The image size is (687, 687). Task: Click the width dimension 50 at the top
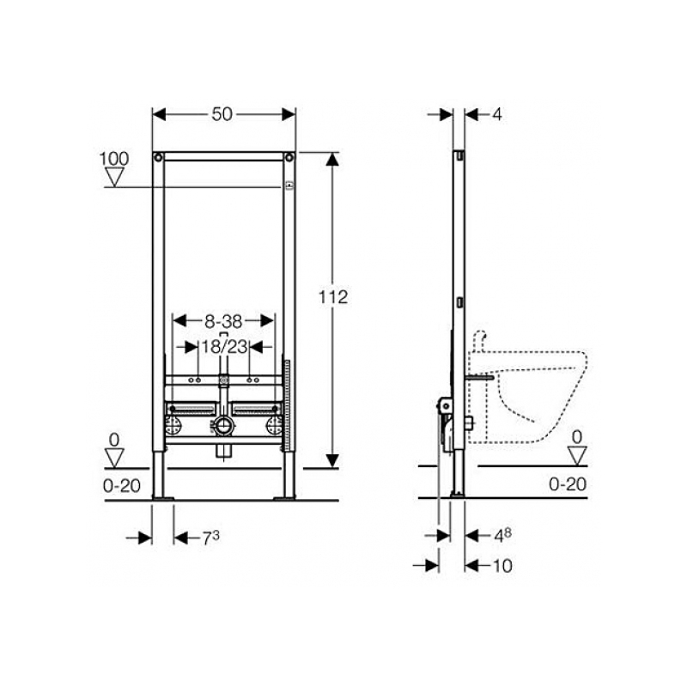[222, 114]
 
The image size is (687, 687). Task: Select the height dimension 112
[333, 297]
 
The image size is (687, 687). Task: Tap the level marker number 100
[114, 159]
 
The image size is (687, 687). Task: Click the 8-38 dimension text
[223, 321]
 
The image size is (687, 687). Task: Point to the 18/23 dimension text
[224, 347]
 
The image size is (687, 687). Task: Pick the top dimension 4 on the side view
[497, 115]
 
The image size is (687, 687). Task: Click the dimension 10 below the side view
[502, 566]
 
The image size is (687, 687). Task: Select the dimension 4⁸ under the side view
[502, 535]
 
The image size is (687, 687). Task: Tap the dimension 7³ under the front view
[210, 538]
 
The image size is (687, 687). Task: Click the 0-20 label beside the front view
[122, 485]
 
